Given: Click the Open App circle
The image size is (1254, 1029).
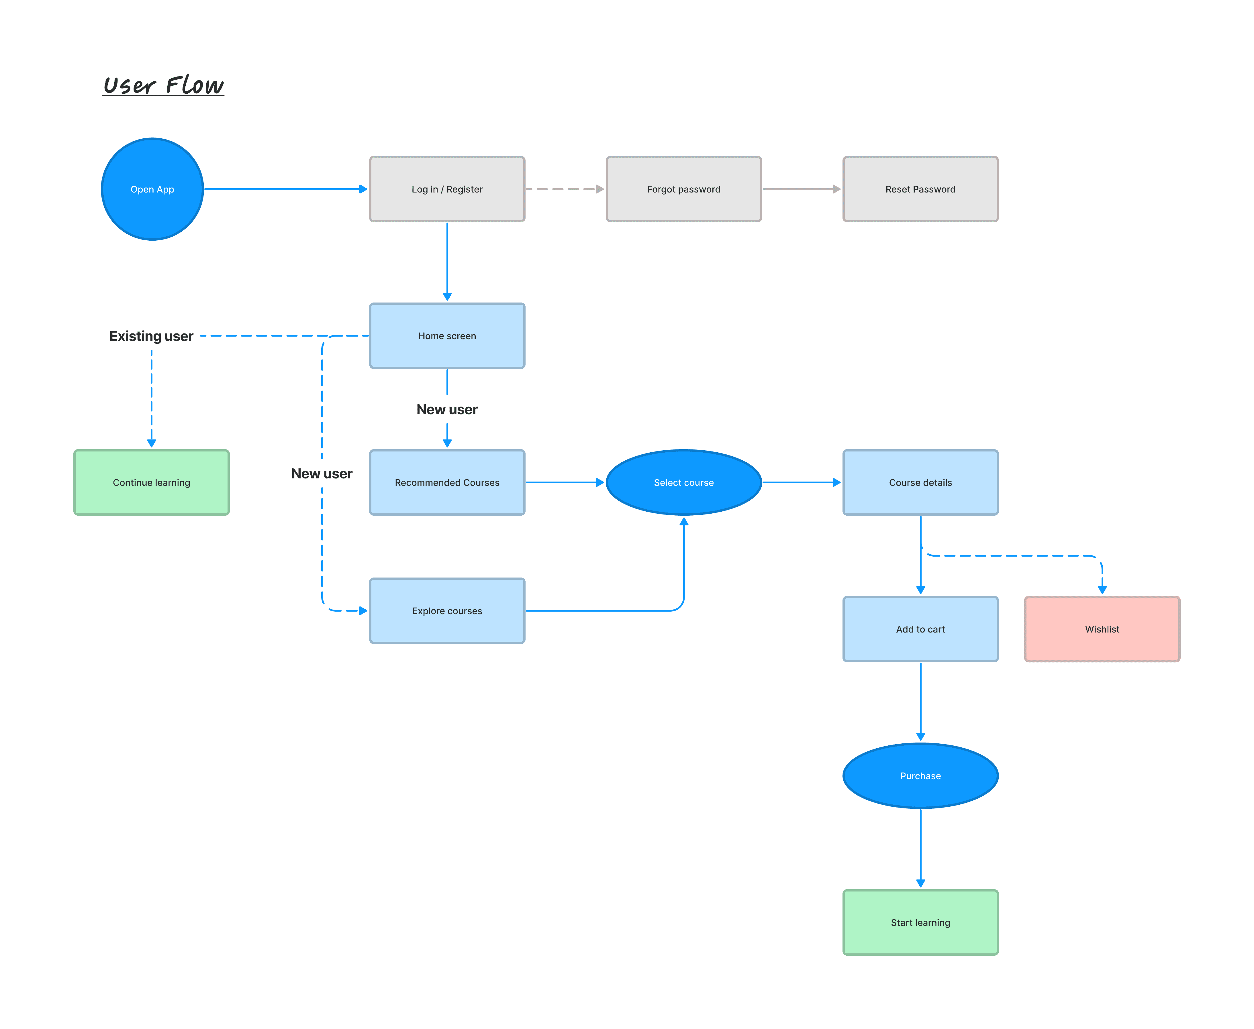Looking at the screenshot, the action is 152,189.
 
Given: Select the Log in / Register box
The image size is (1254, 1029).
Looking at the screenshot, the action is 447,189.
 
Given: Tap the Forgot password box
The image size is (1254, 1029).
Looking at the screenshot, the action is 684,189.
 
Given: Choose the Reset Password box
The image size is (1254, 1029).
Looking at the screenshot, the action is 920,189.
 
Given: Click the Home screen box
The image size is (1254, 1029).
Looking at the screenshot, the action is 447,335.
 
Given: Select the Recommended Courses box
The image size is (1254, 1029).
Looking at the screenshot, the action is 447,482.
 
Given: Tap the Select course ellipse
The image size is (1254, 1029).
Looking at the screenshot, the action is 684,482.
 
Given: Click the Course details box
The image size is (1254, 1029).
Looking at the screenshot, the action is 920,482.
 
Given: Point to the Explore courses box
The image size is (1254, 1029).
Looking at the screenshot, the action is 447,610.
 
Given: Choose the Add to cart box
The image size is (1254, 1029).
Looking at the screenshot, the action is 920,629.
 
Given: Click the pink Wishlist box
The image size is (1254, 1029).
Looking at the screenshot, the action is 1102,629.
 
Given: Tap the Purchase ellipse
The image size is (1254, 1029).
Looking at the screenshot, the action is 920,776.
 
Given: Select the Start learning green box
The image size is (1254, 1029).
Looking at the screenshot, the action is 920,922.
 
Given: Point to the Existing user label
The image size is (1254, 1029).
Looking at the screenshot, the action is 151,336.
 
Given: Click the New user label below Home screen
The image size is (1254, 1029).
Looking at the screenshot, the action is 447,410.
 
